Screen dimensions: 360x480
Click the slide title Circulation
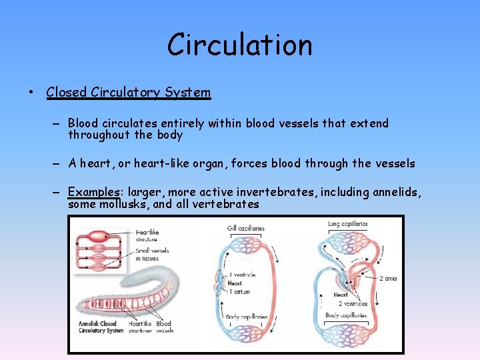239,45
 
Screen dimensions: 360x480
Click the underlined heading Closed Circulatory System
128,93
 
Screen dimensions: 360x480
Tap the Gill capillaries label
245,228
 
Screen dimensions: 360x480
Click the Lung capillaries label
347,224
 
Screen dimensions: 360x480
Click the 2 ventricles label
353,303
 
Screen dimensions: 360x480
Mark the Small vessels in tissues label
152,255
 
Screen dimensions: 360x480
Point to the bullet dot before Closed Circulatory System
31,93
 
